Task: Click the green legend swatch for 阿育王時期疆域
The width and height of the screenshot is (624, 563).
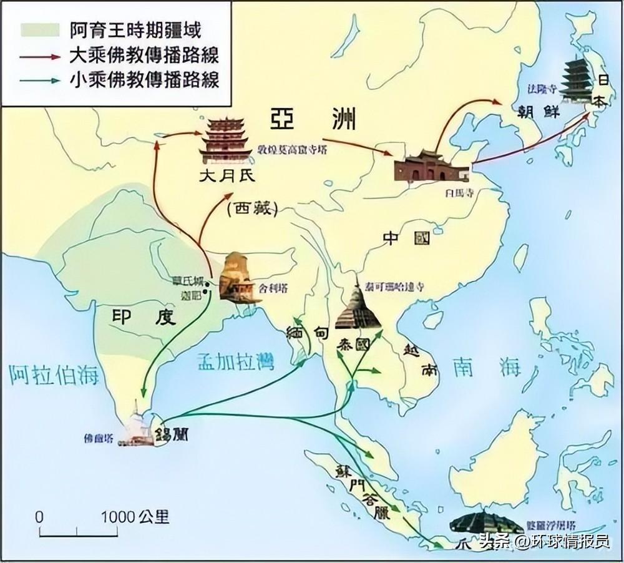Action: point(39,29)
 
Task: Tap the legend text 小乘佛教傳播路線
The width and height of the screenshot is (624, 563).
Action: point(144,79)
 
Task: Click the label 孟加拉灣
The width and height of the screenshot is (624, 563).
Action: point(236,361)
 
